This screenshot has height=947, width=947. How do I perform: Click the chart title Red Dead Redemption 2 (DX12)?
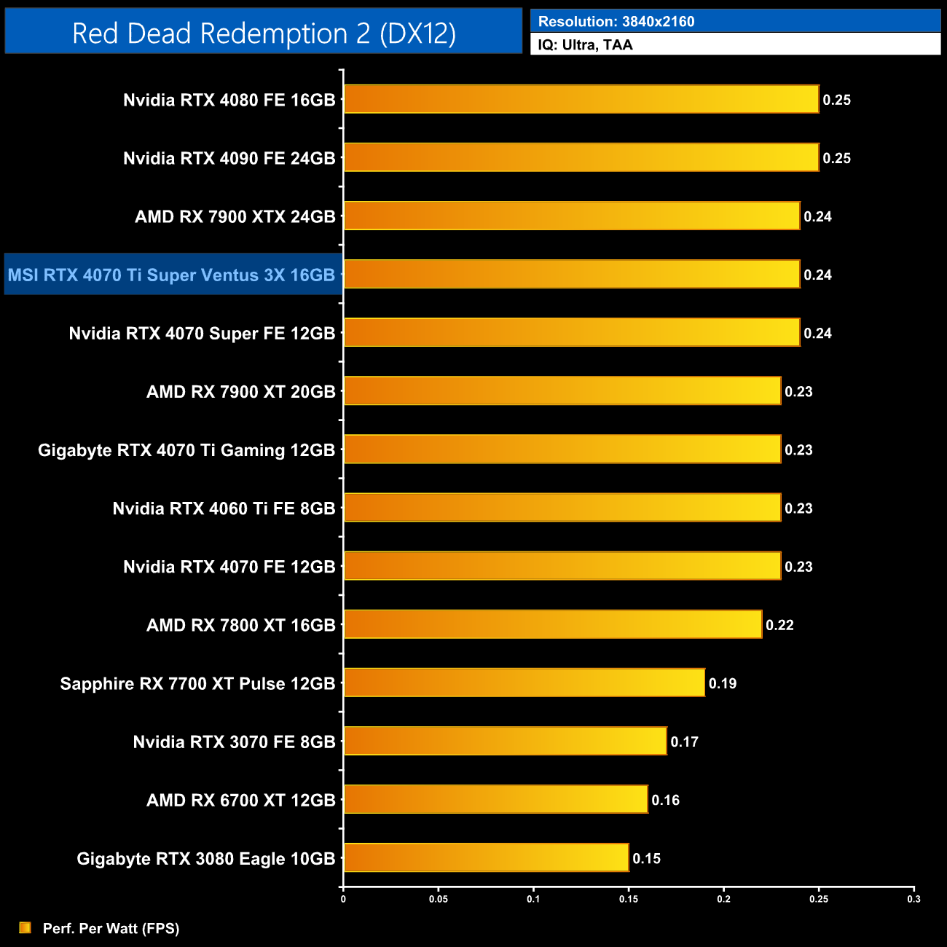tap(264, 34)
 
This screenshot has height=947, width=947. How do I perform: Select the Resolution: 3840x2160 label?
tap(616, 22)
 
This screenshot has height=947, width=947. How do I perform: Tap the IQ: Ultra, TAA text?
tap(585, 45)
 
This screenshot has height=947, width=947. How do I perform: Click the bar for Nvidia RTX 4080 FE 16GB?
tap(581, 99)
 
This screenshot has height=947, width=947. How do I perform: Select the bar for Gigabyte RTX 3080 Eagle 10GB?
tap(486, 857)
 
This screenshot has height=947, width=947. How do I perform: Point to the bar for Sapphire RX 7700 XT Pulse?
tap(524, 683)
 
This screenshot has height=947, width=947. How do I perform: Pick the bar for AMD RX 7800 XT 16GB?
tap(553, 624)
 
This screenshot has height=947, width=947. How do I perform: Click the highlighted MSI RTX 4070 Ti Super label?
tap(172, 275)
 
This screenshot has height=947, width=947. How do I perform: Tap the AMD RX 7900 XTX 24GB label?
tap(235, 216)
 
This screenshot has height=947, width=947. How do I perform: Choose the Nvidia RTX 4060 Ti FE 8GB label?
tap(224, 508)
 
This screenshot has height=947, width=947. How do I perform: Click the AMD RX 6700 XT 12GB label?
tap(241, 800)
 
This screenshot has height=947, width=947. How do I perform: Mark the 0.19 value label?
tap(723, 683)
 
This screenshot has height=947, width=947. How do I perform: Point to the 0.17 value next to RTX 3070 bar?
tap(685, 742)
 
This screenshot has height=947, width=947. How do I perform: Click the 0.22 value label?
tap(779, 625)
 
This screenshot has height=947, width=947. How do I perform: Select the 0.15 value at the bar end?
tap(647, 858)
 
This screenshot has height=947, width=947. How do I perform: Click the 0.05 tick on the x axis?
tap(439, 899)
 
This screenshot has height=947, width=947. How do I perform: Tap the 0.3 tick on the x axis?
tap(913, 899)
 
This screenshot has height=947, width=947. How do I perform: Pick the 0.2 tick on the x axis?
tap(723, 899)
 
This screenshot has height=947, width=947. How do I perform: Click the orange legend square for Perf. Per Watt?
tap(25, 927)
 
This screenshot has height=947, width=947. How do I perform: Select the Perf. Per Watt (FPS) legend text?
tap(111, 928)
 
